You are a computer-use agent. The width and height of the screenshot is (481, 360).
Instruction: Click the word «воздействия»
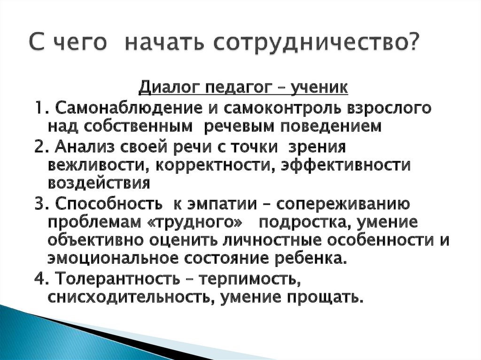(x=99, y=184)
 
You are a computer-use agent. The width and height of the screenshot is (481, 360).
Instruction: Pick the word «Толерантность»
(x=116, y=279)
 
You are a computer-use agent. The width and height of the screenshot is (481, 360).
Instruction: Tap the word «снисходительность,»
(x=127, y=298)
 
